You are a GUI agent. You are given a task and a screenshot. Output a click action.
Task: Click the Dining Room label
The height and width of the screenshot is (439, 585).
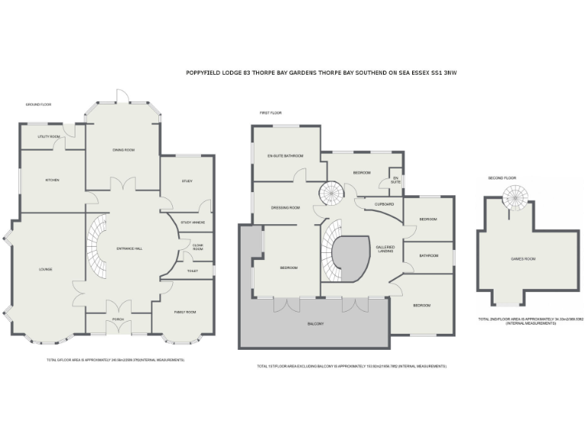tap(123, 150)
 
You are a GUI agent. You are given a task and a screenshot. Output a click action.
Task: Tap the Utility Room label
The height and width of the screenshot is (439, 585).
tap(50, 137)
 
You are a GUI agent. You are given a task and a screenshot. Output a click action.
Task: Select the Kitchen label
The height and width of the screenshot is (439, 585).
tap(52, 181)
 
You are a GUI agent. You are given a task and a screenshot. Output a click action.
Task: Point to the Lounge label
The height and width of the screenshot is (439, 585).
tap(46, 269)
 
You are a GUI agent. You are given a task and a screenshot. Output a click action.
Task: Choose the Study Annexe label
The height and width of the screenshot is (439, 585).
tap(192, 223)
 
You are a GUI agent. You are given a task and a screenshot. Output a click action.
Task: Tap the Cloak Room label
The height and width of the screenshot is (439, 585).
tap(198, 247)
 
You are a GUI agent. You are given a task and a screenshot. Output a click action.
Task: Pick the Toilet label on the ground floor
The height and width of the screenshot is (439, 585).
tap(193, 271)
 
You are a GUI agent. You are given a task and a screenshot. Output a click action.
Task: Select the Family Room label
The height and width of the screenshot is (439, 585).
tap(185, 312)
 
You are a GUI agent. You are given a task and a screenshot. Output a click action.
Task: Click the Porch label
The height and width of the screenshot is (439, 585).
tap(118, 319)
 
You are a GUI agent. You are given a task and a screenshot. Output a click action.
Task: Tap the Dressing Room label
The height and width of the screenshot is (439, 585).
tap(286, 207)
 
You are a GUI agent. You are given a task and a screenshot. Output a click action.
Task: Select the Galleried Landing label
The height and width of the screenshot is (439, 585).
tap(385, 249)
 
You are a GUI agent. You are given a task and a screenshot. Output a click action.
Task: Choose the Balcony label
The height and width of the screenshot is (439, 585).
tap(315, 324)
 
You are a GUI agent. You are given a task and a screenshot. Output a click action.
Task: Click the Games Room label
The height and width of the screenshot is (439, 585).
tap(523, 259)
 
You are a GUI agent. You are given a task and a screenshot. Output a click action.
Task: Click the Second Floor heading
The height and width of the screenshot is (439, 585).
tap(502, 178)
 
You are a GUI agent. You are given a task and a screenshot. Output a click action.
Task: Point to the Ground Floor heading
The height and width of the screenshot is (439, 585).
tap(38, 104)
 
